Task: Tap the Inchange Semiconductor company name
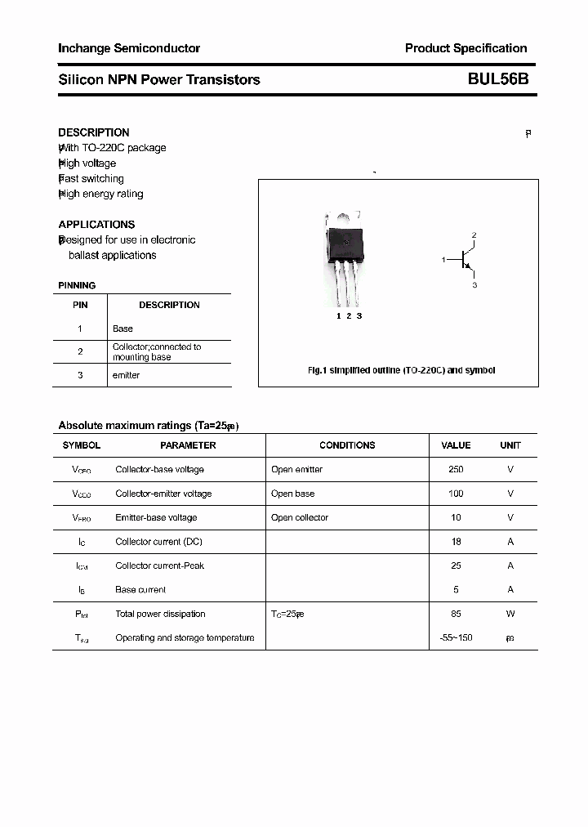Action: tap(129, 48)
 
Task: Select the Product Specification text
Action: tap(465, 48)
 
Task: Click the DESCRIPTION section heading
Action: tap(94, 132)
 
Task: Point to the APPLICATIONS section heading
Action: tap(96, 225)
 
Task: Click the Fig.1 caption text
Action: tap(401, 370)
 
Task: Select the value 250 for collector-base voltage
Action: tap(456, 470)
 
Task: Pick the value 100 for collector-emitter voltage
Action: tap(456, 494)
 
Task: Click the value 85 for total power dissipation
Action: tap(456, 614)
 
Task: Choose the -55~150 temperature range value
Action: tap(456, 637)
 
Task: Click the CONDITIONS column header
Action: tap(347, 445)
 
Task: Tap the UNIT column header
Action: tap(510, 445)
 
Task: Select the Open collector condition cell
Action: tap(300, 517)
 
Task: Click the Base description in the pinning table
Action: tap(122, 329)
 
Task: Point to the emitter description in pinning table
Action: tap(126, 375)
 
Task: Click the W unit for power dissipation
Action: tap(510, 614)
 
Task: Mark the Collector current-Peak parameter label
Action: tap(160, 565)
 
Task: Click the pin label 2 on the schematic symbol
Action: tap(474, 235)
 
